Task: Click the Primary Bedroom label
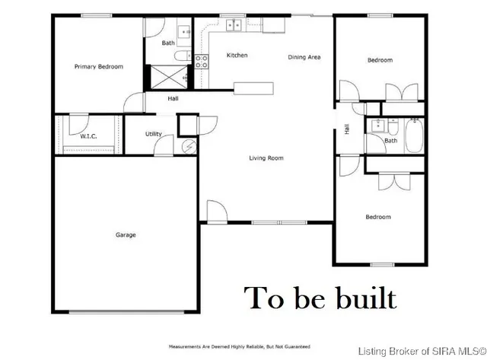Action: (98, 67)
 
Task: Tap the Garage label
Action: (126, 234)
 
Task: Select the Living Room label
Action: (266, 158)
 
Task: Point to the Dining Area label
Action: (303, 57)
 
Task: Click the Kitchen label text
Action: (237, 56)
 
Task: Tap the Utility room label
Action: (154, 134)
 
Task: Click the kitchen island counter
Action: (255, 88)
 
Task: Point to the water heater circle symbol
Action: (188, 148)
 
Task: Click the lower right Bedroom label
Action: (378, 217)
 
